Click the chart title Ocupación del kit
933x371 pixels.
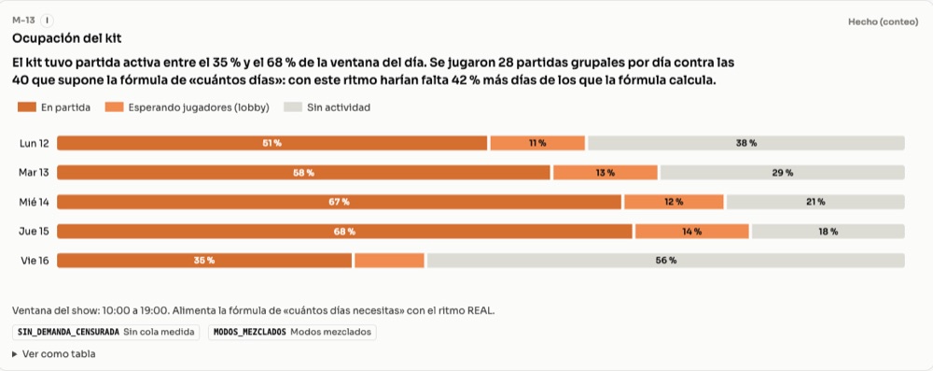(66, 38)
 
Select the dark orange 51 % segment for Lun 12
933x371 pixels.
(272, 143)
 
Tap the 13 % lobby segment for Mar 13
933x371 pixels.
(606, 172)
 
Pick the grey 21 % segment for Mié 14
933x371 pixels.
(815, 202)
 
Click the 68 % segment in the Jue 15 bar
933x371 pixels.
(344, 232)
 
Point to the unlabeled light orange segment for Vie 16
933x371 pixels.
(389, 261)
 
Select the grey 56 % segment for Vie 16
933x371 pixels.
(666, 261)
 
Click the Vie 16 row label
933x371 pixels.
(34, 261)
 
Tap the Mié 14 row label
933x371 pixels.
(34, 202)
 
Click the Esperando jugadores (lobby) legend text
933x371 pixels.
(199, 107)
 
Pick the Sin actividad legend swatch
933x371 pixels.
(293, 107)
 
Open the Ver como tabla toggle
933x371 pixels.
(53, 353)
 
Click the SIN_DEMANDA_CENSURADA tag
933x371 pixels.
(106, 333)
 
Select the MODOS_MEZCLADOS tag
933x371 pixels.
(292, 333)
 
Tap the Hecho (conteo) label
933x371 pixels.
(883, 21)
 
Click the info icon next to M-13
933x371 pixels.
(47, 21)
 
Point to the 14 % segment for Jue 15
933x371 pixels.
(691, 232)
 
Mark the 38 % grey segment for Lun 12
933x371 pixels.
(746, 143)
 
